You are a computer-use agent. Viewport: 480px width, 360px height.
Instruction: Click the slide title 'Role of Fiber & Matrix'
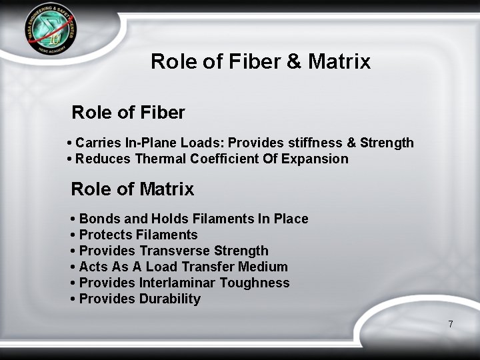pyautogui.click(x=260, y=61)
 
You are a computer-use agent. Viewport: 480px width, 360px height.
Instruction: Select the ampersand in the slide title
pyautogui.click(x=294, y=61)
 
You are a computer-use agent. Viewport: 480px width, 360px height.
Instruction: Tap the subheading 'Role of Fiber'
pyautogui.click(x=127, y=113)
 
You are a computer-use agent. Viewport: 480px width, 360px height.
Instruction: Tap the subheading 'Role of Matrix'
pyautogui.click(x=132, y=189)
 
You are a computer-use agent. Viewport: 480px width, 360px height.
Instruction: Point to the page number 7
pyautogui.click(x=451, y=324)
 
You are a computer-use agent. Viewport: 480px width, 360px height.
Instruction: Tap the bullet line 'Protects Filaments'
pyautogui.click(x=138, y=235)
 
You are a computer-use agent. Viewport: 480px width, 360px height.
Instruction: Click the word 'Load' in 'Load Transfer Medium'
pyautogui.click(x=161, y=267)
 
